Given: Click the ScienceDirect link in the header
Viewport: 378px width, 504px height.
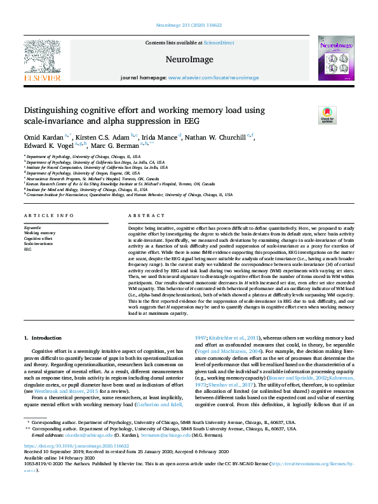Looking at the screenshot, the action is coord(219,43).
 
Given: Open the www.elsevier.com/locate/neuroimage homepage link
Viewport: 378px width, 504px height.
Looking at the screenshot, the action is coord(213,77).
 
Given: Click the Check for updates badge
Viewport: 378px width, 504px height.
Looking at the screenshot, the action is coord(327,115).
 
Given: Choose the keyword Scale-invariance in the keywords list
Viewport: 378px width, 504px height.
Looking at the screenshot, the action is coord(39,244).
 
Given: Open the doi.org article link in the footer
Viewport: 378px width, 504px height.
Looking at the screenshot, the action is coord(71,446).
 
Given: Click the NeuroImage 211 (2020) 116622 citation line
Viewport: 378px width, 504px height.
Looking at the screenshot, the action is coord(189,26).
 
